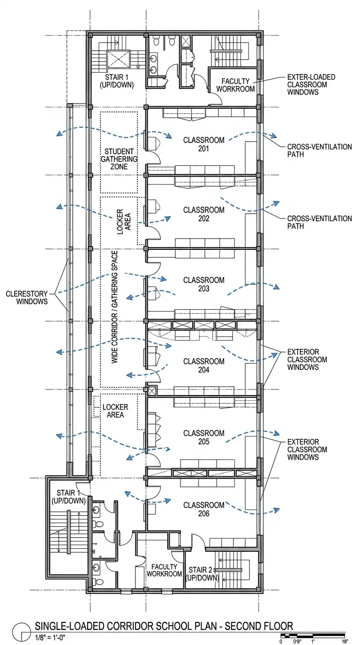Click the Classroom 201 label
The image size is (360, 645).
[x=203, y=144]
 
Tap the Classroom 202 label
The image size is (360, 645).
[x=203, y=214]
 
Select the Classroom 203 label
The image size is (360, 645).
[x=203, y=285]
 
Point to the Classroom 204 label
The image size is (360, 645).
[x=203, y=366]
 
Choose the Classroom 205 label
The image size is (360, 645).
[x=203, y=437]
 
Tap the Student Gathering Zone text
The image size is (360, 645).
[x=119, y=159]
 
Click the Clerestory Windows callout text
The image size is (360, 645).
[x=27, y=298]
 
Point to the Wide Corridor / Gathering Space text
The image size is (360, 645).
[x=114, y=307]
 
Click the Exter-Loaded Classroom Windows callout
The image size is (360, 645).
[x=311, y=85]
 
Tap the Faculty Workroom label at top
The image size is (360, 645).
[x=238, y=85]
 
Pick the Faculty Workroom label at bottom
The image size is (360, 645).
[x=164, y=570]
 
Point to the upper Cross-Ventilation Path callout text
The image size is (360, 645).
[x=319, y=150]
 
